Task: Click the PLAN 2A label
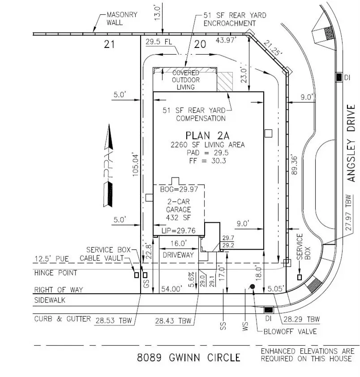[207, 136]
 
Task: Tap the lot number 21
[109, 44]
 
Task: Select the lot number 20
[200, 44]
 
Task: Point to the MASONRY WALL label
[122, 18]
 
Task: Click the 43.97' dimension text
[226, 40]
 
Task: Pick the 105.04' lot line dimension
[136, 165]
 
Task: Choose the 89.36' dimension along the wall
[294, 165]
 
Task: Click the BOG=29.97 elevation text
[179, 189]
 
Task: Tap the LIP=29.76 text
[179, 230]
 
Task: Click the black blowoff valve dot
[253, 286]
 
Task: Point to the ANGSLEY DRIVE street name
[351, 143]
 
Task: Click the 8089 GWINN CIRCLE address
[189, 358]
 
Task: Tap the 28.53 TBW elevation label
[114, 321]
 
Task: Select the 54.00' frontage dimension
[171, 289]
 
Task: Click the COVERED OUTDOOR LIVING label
[186, 80]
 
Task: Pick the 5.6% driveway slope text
[191, 280]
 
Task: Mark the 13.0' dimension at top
[157, 13]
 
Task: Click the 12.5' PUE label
[51, 259]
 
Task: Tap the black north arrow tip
[109, 125]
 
